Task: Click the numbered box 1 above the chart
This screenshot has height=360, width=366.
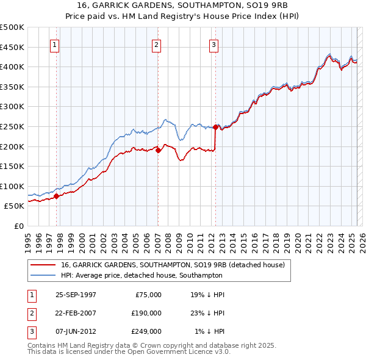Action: click(55, 44)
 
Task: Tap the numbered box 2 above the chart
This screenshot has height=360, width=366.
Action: click(157, 44)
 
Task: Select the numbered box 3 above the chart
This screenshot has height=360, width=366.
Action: click(214, 44)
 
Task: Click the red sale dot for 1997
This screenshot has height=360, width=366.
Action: click(57, 196)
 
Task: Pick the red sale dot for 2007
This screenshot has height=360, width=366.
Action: click(158, 150)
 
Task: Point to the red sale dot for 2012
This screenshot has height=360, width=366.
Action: click(215, 127)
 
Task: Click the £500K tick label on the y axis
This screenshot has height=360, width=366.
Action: click(12, 27)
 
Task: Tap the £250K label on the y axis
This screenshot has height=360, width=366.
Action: click(12, 126)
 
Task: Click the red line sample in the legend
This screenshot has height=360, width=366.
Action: click(43, 265)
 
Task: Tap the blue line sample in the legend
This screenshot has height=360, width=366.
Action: click(43, 275)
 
